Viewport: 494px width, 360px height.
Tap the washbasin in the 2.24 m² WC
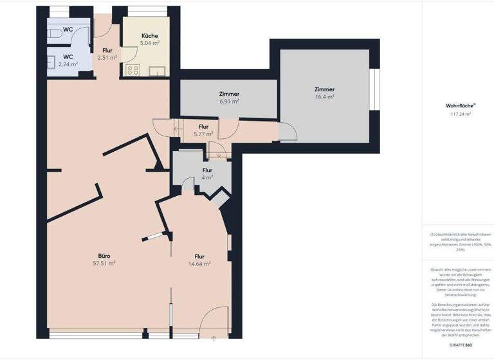(51, 62)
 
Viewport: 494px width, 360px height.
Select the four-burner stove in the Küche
(132, 71)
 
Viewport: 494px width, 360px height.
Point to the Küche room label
(150, 36)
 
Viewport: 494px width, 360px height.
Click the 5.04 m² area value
(150, 43)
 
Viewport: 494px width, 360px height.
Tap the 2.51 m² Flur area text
(107, 57)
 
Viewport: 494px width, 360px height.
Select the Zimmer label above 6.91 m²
(229, 94)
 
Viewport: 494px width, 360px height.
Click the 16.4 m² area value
(324, 96)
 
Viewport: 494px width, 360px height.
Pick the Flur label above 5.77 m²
(203, 127)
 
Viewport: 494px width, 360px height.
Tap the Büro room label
(104, 255)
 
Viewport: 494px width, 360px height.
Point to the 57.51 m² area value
(104, 263)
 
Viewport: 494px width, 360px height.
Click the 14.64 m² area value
(199, 263)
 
